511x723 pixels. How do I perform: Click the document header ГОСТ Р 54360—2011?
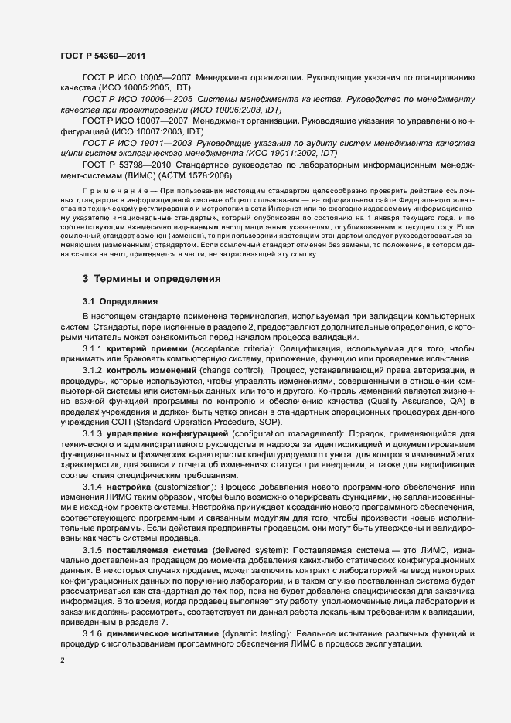tap(103, 56)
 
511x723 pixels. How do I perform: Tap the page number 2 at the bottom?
tap(62, 660)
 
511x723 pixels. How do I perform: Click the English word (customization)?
tap(182, 487)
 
